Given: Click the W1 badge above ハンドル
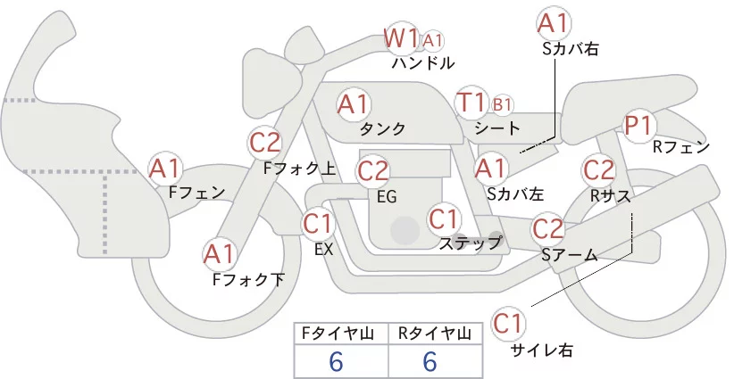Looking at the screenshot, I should coord(401,38).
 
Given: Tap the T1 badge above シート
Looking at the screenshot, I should coord(471,103).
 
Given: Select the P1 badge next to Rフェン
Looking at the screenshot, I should coord(638,126).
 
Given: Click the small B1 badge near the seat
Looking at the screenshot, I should coord(503,104).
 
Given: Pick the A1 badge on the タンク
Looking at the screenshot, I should coord(353,103).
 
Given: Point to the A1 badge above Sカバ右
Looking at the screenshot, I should coord(553,22).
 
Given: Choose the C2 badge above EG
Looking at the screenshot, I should coord(372,169).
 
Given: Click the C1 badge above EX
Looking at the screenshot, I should coord(319,223).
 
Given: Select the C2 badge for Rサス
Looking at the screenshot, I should coord(598,169).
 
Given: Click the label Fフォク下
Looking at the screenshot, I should coord(248,279).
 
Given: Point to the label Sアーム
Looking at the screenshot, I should coord(569,255).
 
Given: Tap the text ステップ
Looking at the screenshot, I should coord(471,243).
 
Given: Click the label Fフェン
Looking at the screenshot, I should coord(196,191).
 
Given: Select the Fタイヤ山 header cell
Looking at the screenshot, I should coord(342,334).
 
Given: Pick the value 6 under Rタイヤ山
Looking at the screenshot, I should coord(430,361).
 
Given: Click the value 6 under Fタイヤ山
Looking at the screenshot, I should coord(337,361).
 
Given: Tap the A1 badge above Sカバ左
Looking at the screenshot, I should coord(489,167).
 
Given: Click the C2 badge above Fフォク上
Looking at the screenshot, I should coord(266,142).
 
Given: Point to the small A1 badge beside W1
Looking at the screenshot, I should coord(433,40).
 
